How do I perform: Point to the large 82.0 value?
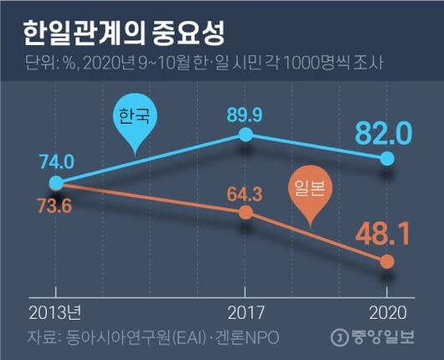coord(384,131)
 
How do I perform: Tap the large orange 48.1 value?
coord(383,234)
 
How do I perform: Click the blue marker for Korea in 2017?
coord(245,135)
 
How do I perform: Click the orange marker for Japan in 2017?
coord(245,213)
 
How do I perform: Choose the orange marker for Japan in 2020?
coord(387,261)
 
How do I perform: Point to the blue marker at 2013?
coord(55,183)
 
